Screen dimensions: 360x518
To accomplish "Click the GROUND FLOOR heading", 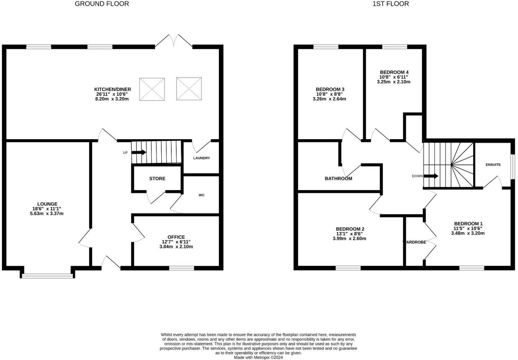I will pyautogui.click(x=102, y=4).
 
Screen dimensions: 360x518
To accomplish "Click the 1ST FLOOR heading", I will pyautogui.click(x=391, y=4).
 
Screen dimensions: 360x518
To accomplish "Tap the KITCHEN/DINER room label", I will pyautogui.click(x=113, y=89).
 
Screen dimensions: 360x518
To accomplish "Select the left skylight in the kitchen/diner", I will pyautogui.click(x=152, y=89).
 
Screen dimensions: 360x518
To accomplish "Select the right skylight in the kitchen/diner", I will pyautogui.click(x=189, y=89).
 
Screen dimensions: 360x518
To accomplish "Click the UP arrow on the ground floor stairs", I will pyautogui.click(x=139, y=152).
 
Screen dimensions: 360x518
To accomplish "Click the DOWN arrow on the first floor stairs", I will pyautogui.click(x=431, y=176).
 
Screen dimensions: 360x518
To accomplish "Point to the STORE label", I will pyautogui.click(x=157, y=179).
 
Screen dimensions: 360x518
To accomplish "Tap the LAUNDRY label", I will pyautogui.click(x=202, y=158).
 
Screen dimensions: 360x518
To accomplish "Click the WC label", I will pyautogui.click(x=202, y=195).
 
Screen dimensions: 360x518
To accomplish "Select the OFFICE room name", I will pyautogui.click(x=176, y=237).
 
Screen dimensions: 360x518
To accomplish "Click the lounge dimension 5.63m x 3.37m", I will pyautogui.click(x=47, y=214).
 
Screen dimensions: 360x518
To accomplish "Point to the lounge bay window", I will pyautogui.click(x=48, y=276).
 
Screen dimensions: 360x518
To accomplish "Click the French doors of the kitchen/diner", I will pyautogui.click(x=173, y=41).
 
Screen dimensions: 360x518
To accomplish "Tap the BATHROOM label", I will pyautogui.click(x=338, y=179).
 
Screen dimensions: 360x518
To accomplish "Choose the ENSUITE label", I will pyautogui.click(x=493, y=165).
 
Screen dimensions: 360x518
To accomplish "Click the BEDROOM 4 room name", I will pyautogui.click(x=394, y=72).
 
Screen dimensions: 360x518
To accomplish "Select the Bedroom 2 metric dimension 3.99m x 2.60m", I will pyautogui.click(x=349, y=238).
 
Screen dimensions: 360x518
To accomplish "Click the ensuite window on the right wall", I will pyautogui.click(x=513, y=166).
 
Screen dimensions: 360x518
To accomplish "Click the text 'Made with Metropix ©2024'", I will pyautogui.click(x=258, y=358).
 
